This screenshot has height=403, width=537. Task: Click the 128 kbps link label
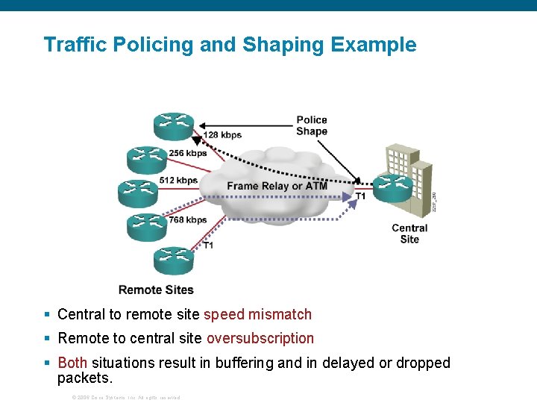click(x=222, y=135)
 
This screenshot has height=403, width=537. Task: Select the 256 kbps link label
click(x=188, y=153)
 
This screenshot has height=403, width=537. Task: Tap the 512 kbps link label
click(x=179, y=180)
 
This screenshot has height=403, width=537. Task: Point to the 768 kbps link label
click(x=188, y=219)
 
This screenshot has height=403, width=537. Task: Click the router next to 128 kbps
click(x=174, y=125)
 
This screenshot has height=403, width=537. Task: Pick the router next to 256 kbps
click(x=147, y=158)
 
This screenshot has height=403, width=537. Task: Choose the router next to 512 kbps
click(x=138, y=192)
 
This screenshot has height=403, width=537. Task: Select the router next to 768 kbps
click(x=147, y=226)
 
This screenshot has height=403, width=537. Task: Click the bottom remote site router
click(x=174, y=259)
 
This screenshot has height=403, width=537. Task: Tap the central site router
click(x=392, y=187)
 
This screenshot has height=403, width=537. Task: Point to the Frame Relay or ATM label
click(x=277, y=186)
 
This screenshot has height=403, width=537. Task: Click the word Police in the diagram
click(x=312, y=119)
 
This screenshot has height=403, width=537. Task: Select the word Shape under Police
click(x=312, y=131)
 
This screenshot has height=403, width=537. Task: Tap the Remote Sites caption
click(x=156, y=290)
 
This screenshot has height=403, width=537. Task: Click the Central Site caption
click(x=409, y=234)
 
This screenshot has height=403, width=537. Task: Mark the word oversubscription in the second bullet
click(x=260, y=338)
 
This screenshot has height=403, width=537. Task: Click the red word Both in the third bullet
click(x=72, y=363)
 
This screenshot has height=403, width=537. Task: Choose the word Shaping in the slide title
click(x=283, y=45)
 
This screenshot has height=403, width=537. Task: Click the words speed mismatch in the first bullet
click(x=257, y=314)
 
